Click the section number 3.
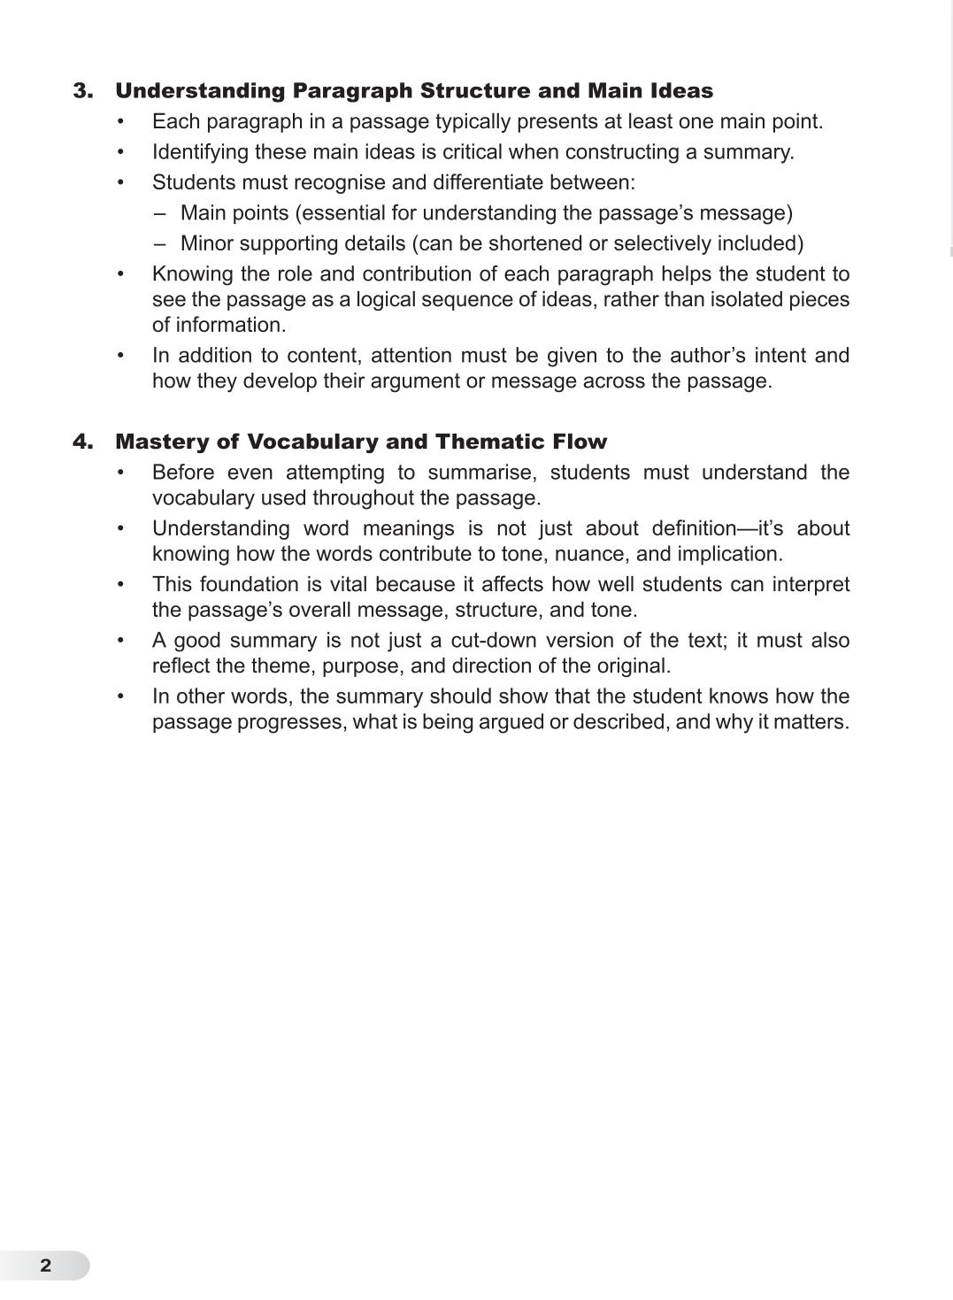coord(82,91)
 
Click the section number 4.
coord(82,442)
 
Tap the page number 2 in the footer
coord(46,1265)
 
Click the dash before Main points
coord(159,213)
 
